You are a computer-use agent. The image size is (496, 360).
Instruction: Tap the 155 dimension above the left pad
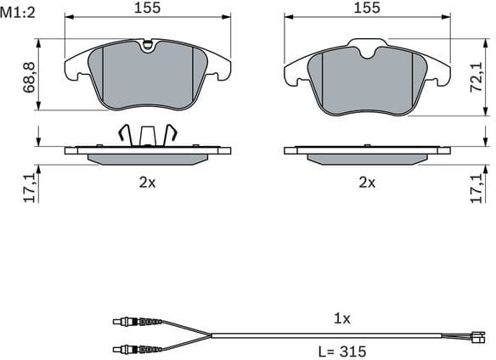click(148, 8)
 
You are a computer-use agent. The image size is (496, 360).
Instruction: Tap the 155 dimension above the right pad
click(367, 8)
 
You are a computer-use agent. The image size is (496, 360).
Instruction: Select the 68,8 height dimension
click(30, 76)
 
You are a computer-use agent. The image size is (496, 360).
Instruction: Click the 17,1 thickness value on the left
click(30, 186)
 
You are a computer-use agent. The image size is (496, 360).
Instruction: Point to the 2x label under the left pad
click(148, 182)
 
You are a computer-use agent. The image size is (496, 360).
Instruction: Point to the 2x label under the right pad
click(367, 182)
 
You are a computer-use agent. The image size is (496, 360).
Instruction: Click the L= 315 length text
click(343, 350)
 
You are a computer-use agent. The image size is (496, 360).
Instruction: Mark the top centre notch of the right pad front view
click(368, 51)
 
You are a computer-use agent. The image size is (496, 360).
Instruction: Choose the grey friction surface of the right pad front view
click(367, 81)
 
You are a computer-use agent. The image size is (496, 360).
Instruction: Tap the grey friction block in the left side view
click(148, 159)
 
